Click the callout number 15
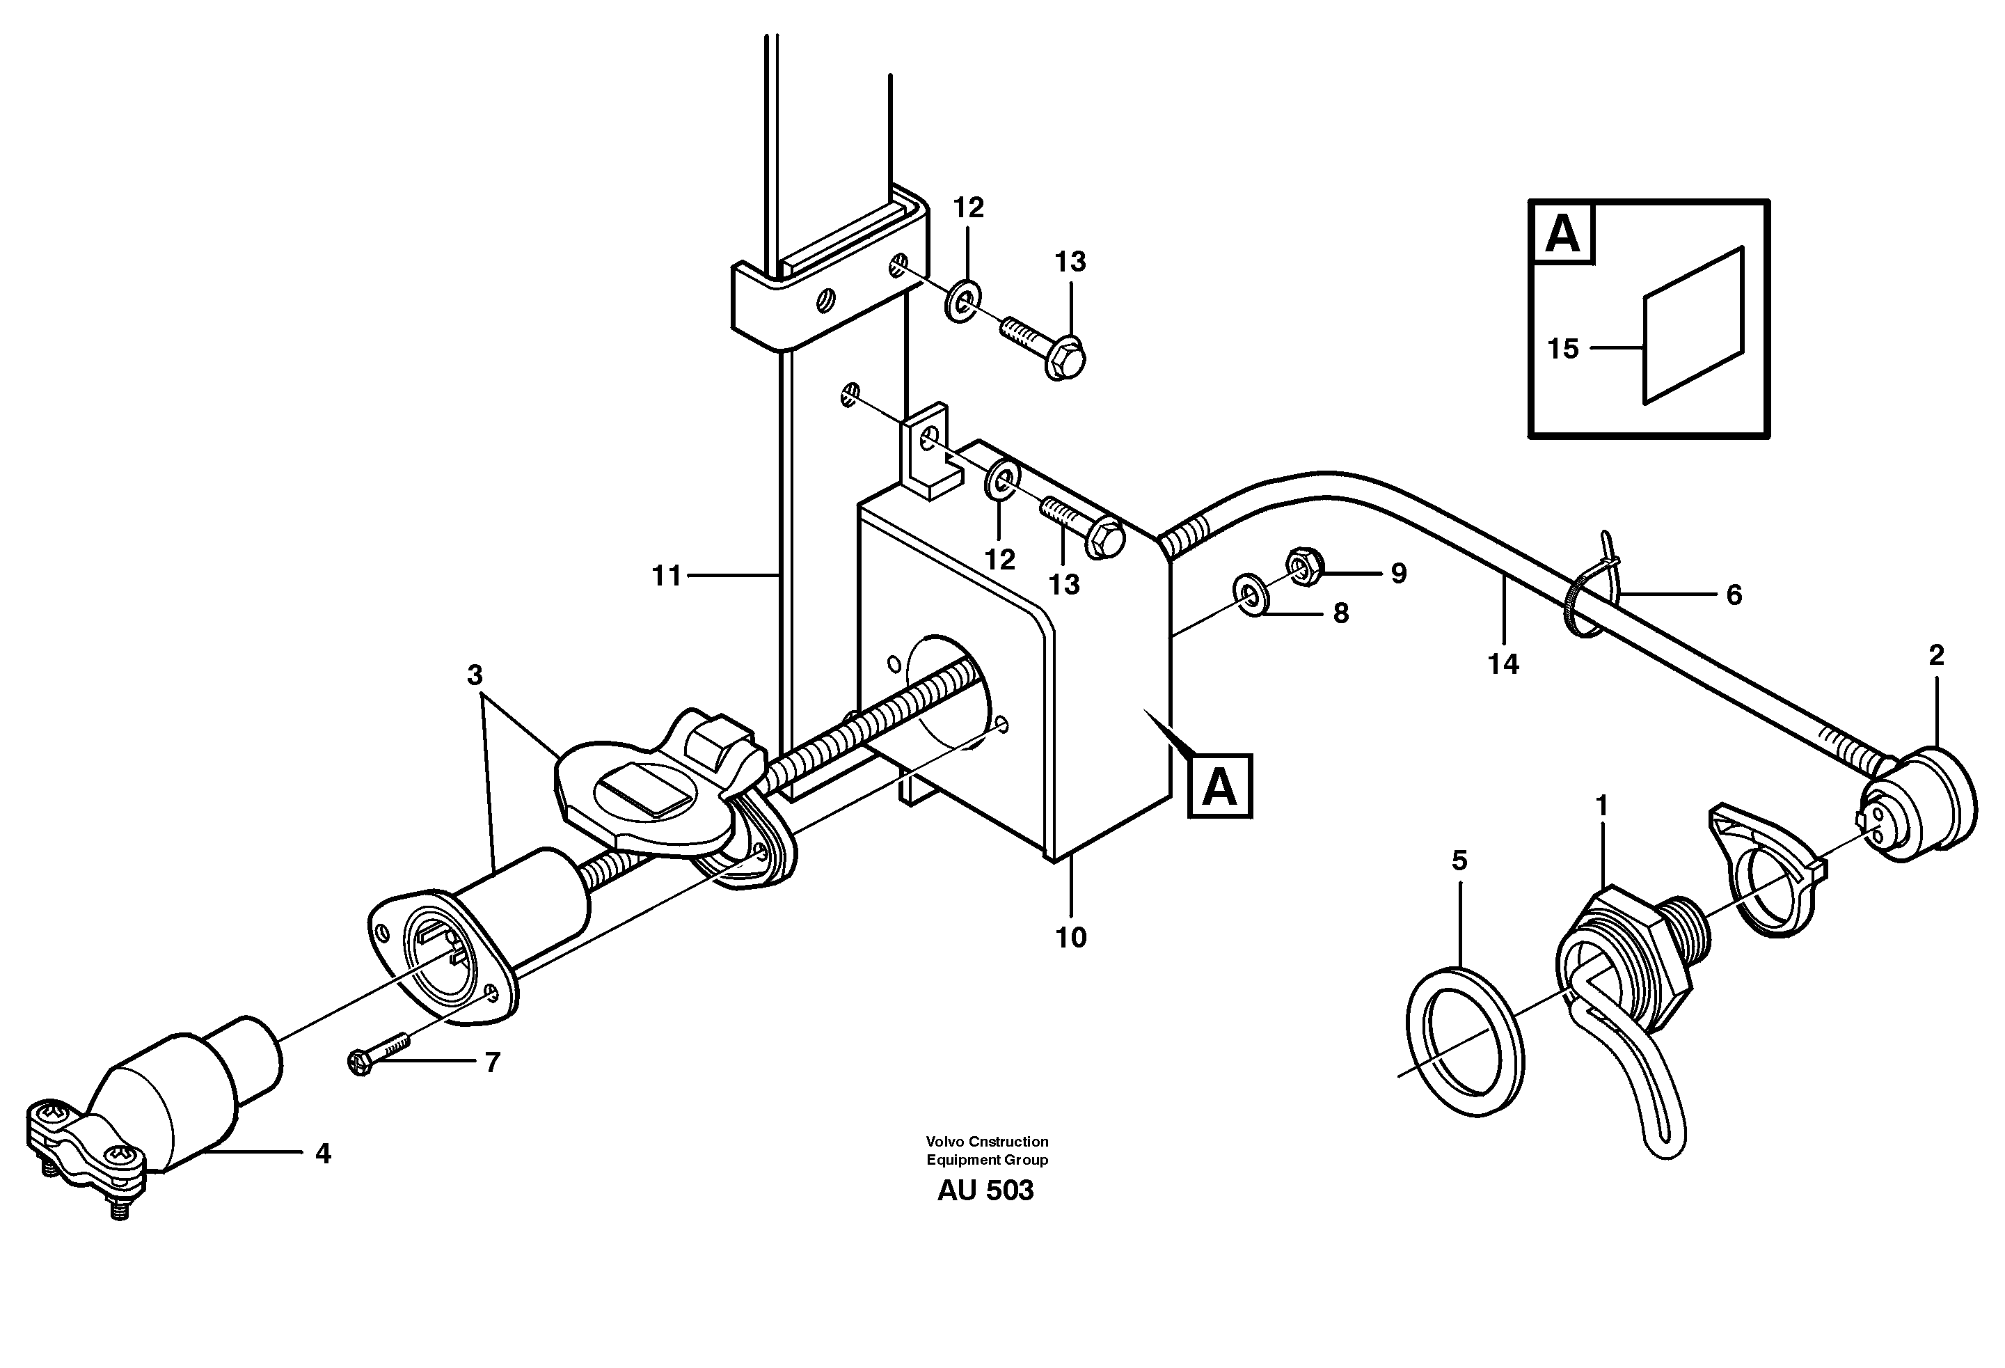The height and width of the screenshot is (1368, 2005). (x=1562, y=349)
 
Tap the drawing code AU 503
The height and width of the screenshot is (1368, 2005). (x=985, y=1190)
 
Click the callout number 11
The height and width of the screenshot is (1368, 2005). (x=666, y=576)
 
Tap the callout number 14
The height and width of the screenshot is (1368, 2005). (x=1503, y=663)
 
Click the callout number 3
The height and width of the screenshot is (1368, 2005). (x=475, y=675)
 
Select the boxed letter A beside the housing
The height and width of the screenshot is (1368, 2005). (x=1220, y=787)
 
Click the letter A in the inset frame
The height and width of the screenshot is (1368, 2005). (x=1562, y=233)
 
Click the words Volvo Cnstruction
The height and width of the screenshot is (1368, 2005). (x=987, y=1141)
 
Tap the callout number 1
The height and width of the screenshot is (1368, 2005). (x=1602, y=806)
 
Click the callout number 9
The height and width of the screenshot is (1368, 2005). (x=1399, y=573)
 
